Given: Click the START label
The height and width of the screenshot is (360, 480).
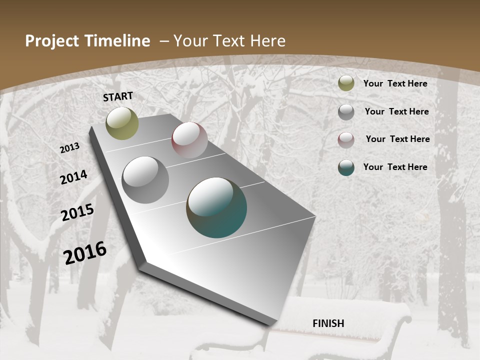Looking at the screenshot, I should click(x=118, y=96).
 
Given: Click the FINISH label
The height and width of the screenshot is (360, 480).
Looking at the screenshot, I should click(x=328, y=323).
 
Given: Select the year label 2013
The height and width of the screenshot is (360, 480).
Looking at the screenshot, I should click(x=70, y=148).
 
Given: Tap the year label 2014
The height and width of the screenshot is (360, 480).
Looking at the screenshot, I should click(x=74, y=177).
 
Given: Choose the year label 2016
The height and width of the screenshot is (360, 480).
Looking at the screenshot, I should click(x=85, y=252).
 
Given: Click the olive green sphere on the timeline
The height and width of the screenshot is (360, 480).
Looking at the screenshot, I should click(x=122, y=123).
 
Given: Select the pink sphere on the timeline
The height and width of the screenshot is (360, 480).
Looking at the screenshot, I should click(x=189, y=140).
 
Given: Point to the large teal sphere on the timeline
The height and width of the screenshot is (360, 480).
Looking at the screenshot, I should click(x=216, y=207).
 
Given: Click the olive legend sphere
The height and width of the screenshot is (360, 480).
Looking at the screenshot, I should click(x=346, y=83).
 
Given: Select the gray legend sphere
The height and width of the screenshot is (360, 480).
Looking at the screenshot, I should click(x=346, y=112).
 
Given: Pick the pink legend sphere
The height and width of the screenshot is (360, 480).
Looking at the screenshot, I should click(x=346, y=140).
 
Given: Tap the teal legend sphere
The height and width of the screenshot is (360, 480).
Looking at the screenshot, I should click(x=346, y=167).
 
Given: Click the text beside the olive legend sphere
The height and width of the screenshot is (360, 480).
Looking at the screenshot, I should click(x=395, y=83).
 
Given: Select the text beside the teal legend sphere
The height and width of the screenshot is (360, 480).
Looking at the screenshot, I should click(x=395, y=167).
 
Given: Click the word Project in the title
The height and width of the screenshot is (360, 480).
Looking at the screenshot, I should click(x=52, y=41).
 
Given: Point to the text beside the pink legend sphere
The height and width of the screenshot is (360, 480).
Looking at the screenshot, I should click(x=397, y=139).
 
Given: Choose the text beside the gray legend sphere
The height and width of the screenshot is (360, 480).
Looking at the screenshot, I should click(x=396, y=111).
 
